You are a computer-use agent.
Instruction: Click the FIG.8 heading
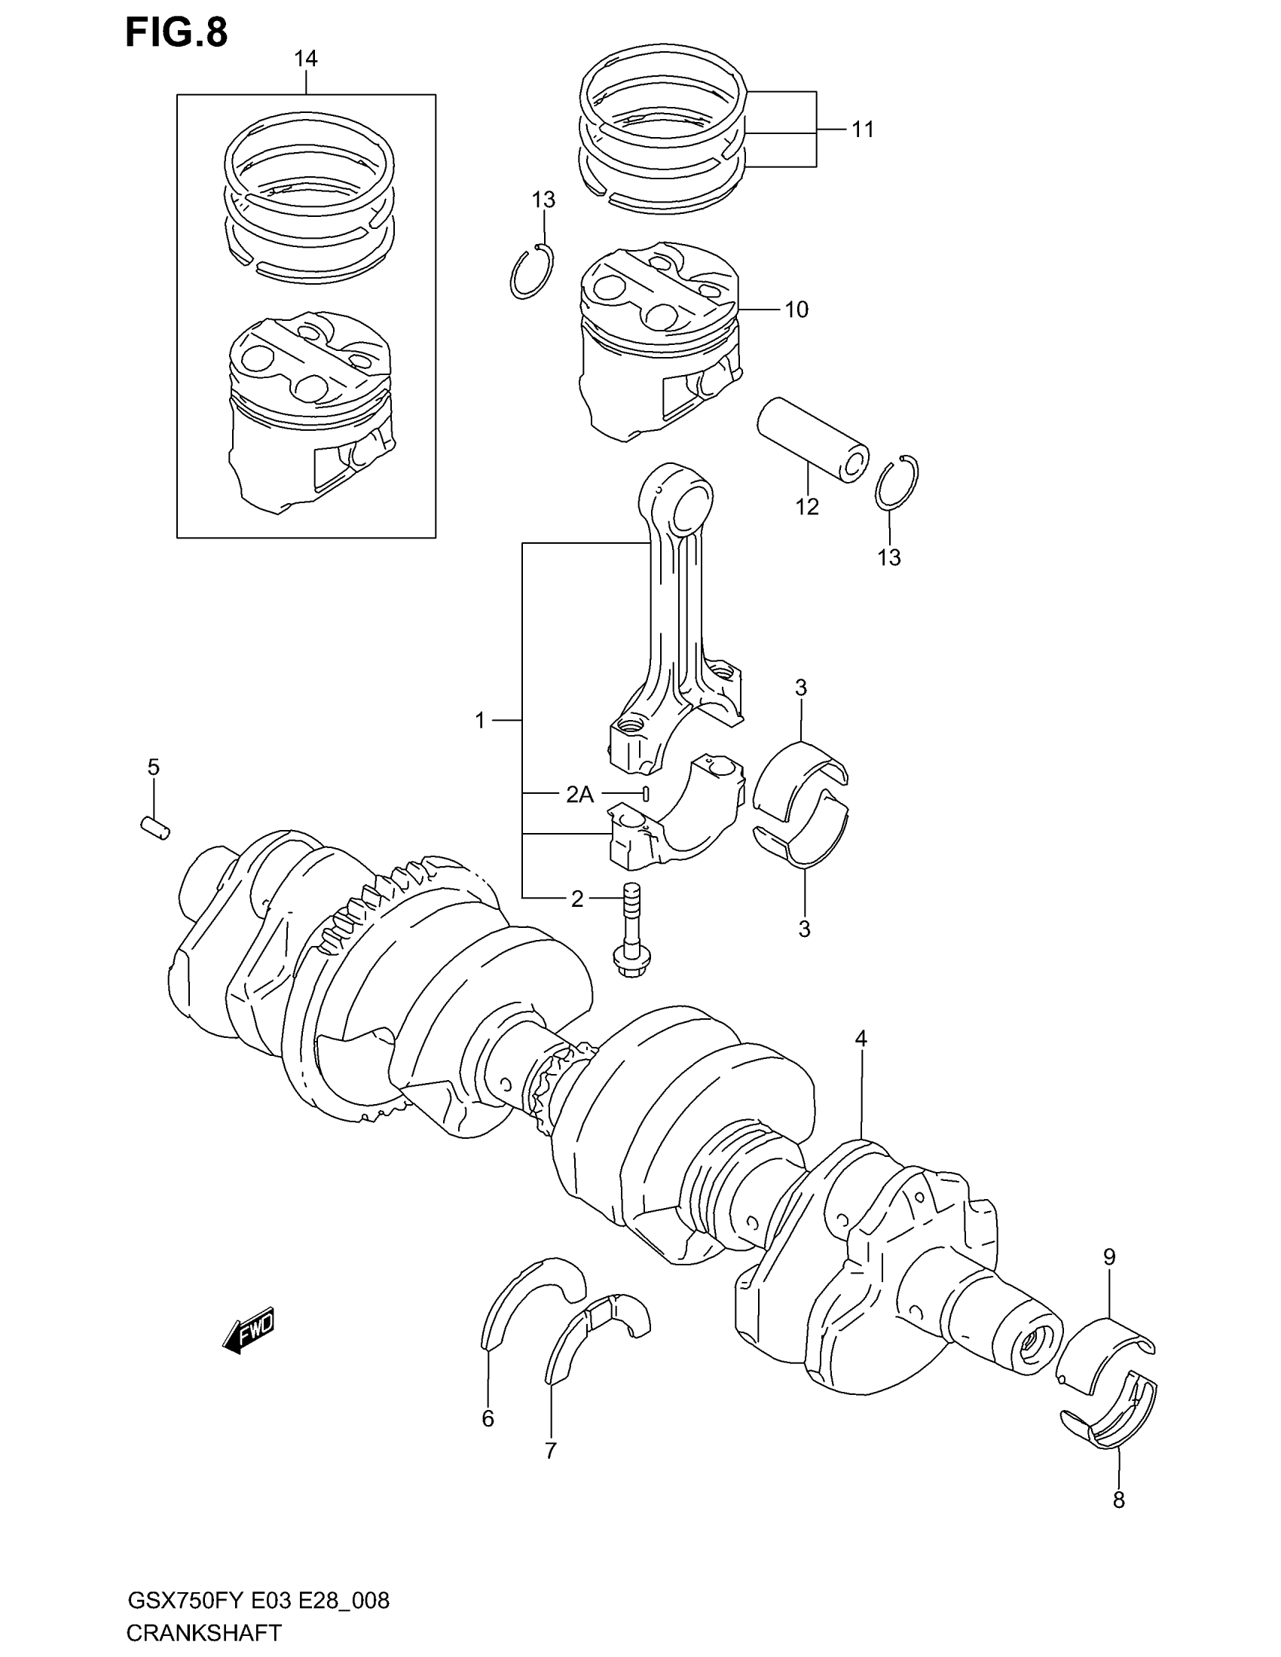176,33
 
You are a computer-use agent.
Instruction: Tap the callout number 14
306,60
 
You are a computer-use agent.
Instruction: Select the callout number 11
863,130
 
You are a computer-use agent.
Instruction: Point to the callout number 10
796,310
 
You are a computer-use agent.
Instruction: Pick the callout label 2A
579,795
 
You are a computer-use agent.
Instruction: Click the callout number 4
861,1039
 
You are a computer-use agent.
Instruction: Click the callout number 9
1108,1257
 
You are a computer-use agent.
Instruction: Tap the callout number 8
1117,1499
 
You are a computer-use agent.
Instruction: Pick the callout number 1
479,720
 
